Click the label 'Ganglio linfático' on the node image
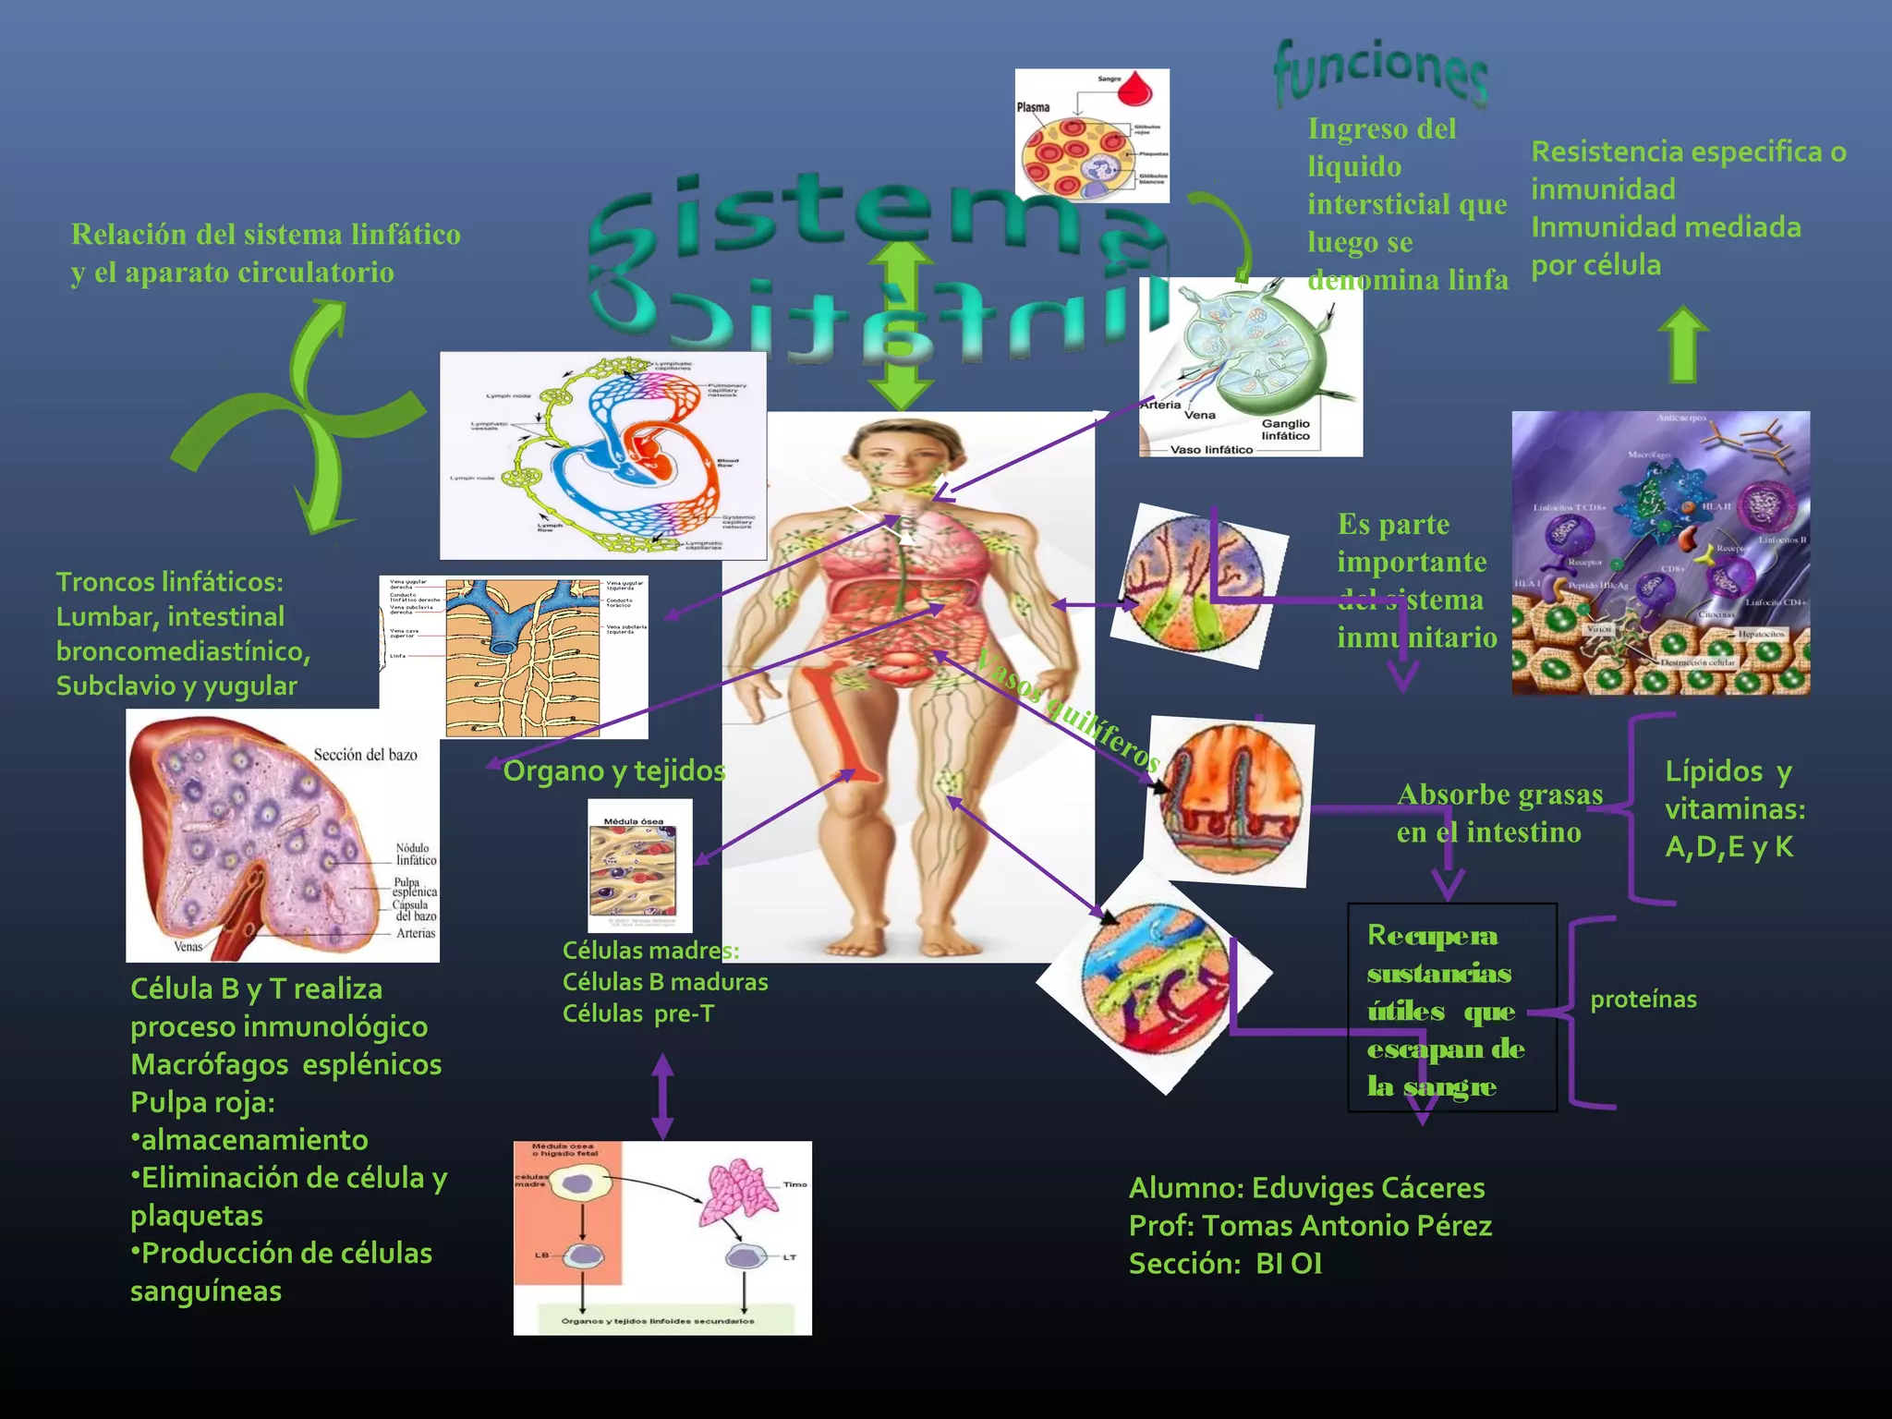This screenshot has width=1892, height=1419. pyautogui.click(x=1285, y=430)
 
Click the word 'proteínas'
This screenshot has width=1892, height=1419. pyautogui.click(x=1643, y=1000)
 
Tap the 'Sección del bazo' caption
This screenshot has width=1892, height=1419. pyautogui.click(x=365, y=755)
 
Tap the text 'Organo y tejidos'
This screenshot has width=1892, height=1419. pyautogui.click(x=614, y=770)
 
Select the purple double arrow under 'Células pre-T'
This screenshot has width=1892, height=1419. pyautogui.click(x=662, y=1097)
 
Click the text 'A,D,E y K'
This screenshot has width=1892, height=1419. pyautogui.click(x=1728, y=847)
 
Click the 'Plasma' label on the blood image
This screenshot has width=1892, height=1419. pyautogui.click(x=1034, y=107)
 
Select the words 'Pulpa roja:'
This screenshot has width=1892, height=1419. pyautogui.click(x=202, y=1102)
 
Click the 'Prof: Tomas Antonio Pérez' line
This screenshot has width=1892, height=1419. pyautogui.click(x=1310, y=1226)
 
